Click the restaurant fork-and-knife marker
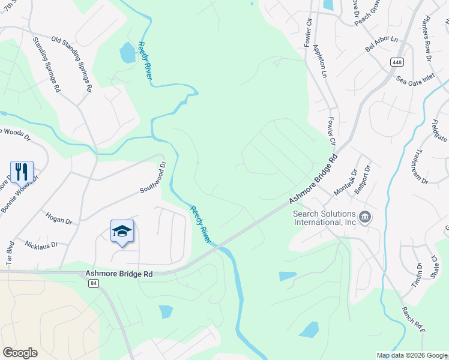click(22, 172)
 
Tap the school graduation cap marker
click(122, 231)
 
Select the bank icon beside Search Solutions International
click(364, 217)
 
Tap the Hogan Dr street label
click(58, 217)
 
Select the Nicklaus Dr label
click(41, 245)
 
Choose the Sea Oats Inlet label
click(414, 78)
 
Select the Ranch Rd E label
click(413, 318)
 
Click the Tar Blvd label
click(10, 253)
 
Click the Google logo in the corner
click(20, 353)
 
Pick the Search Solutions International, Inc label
click(324, 217)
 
